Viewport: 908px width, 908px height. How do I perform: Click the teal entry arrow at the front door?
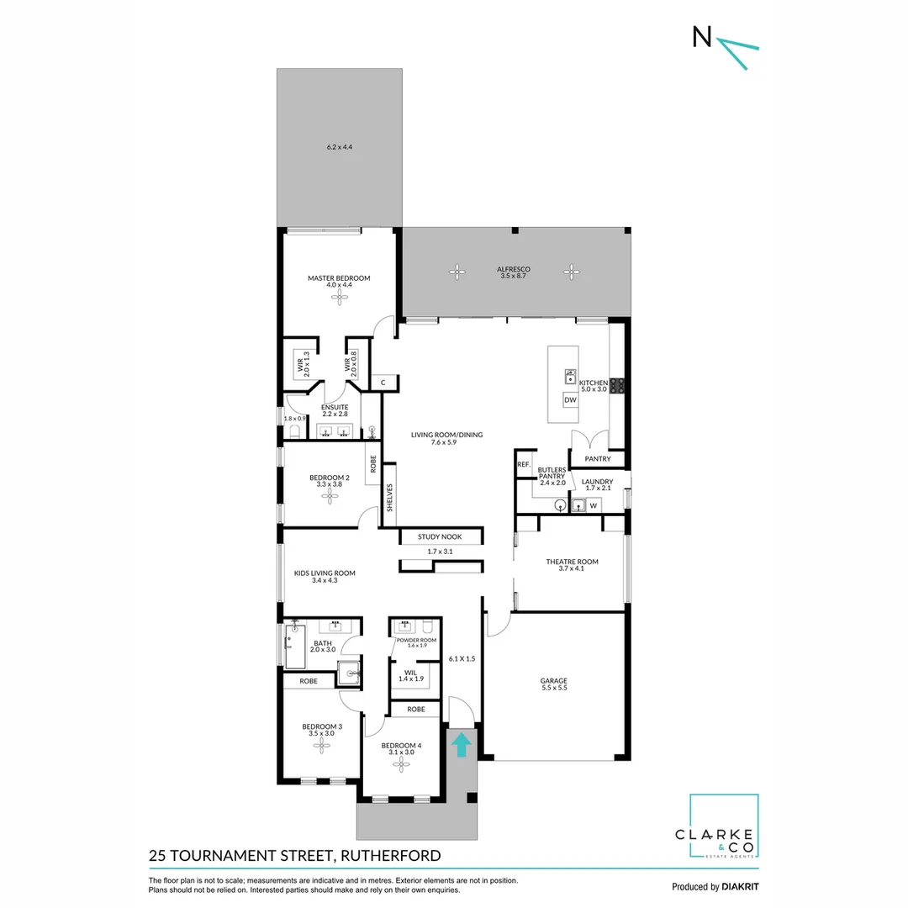[460, 745]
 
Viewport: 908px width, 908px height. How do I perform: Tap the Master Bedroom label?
[338, 278]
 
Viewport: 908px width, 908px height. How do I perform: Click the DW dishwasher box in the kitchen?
[570, 400]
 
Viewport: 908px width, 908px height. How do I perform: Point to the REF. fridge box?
[523, 465]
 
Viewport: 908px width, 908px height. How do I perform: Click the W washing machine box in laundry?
[594, 506]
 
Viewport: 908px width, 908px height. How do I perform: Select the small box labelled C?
[383, 383]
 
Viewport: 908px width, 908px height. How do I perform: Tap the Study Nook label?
[441, 536]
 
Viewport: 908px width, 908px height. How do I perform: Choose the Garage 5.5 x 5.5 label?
[553, 684]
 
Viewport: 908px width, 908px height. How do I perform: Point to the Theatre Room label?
[572, 562]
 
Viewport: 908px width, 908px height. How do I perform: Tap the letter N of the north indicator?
[699, 37]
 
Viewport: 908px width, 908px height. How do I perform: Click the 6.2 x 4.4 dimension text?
[339, 147]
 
